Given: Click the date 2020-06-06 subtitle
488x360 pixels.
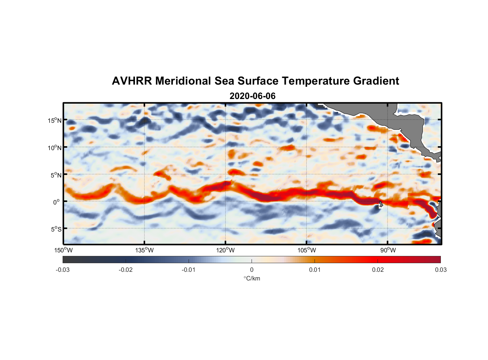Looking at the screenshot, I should coord(252,96).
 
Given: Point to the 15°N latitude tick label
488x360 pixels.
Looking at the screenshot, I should coord(54,120).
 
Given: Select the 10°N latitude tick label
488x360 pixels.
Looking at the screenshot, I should coord(54,148).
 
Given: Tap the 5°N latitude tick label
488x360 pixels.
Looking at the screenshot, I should coord(55,175).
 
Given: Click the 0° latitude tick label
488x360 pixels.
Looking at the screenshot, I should coord(56,202).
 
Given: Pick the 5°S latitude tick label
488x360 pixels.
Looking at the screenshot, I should coord(55,229).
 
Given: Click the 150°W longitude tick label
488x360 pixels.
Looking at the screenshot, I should coord(63,250).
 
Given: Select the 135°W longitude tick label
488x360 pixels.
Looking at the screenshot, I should coord(144,250).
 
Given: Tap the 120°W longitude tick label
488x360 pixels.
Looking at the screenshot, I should coord(226,250).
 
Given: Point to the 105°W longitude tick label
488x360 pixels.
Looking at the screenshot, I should coord(307,250).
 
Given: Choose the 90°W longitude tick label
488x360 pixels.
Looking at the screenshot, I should coord(388,250).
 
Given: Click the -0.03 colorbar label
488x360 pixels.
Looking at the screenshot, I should coord(63,270).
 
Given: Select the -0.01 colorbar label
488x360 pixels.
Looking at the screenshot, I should coord(189,270).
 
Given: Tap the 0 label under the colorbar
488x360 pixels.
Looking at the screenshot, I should coord(252,270).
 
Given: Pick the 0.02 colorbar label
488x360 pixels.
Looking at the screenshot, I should coord(378,270).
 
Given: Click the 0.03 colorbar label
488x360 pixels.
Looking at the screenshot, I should coord(440,270).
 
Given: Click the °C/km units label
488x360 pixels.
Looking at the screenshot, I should coord(252,278).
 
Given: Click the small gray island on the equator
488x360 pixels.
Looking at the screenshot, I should coord(381,204).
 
